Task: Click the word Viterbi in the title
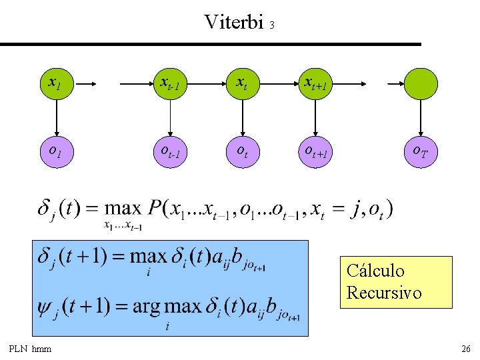click(234, 22)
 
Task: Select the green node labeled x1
click(57, 83)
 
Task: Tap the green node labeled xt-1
click(170, 83)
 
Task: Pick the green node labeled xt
click(243, 83)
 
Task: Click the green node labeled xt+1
click(315, 83)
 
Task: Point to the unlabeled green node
click(421, 83)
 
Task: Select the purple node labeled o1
click(57, 152)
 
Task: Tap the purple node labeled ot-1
click(170, 152)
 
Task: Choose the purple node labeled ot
click(243, 152)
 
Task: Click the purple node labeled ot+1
click(315, 152)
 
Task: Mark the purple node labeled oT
click(421, 152)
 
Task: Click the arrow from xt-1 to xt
click(206, 83)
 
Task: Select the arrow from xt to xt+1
click(279, 83)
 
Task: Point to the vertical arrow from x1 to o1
click(57, 118)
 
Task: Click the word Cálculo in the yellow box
click(375, 271)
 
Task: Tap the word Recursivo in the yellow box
click(384, 293)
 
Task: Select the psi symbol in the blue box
click(43, 307)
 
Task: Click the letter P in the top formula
click(154, 208)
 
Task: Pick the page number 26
click(466, 349)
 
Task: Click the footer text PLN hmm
click(30, 349)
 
